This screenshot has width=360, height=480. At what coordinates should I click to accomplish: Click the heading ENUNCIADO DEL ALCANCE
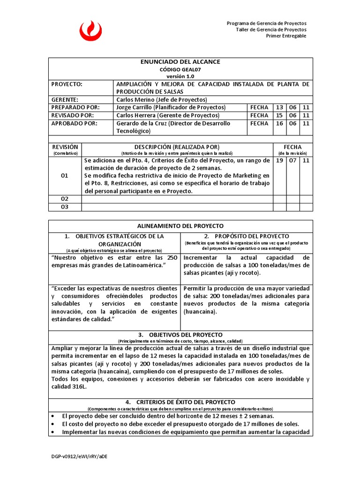pyautogui.click(x=180, y=62)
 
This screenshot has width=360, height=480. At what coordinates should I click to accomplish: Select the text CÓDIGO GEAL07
pyautogui.click(x=180, y=69)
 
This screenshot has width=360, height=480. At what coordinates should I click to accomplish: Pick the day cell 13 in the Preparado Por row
pyautogui.click(x=279, y=107)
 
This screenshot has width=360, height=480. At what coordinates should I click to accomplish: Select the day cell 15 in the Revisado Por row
pyautogui.click(x=279, y=115)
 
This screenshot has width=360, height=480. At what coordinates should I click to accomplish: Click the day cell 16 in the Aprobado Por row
pyautogui.click(x=279, y=123)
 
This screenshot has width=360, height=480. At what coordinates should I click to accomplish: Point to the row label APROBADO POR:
pyautogui.click(x=75, y=123)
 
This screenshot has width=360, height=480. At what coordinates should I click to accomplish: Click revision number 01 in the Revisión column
pyautogui.click(x=65, y=176)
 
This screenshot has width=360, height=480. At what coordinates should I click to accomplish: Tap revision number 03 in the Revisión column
pyautogui.click(x=65, y=207)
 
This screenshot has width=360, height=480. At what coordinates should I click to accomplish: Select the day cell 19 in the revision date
pyautogui.click(x=279, y=160)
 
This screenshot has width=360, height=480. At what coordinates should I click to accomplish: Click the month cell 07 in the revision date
pyautogui.click(x=293, y=160)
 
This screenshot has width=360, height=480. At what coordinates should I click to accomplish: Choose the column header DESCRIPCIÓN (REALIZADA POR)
pyautogui.click(x=177, y=147)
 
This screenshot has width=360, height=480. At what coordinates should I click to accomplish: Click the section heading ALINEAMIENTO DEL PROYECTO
pyautogui.click(x=180, y=226)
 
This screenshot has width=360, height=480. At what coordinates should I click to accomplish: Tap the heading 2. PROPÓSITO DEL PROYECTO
pyautogui.click(x=247, y=236)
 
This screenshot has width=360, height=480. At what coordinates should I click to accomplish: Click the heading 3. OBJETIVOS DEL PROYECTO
pyautogui.click(x=180, y=335)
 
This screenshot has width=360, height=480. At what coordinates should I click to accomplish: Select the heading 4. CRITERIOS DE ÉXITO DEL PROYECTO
pyautogui.click(x=180, y=402)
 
